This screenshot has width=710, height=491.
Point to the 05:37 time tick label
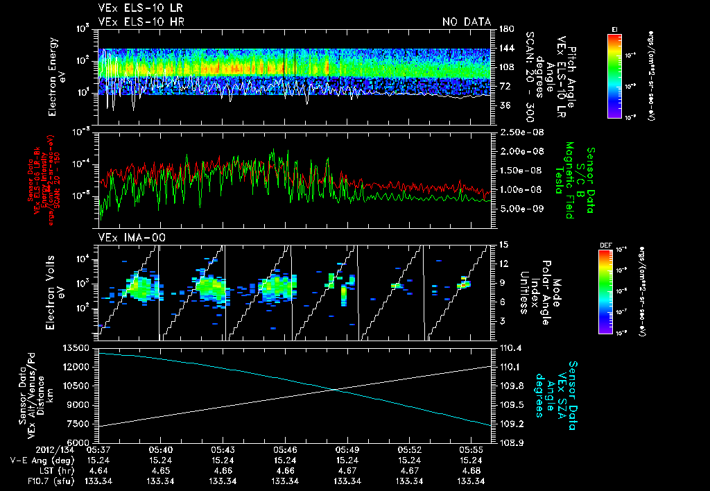(x=98, y=449)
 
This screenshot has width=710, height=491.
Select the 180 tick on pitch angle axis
(x=505, y=29)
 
